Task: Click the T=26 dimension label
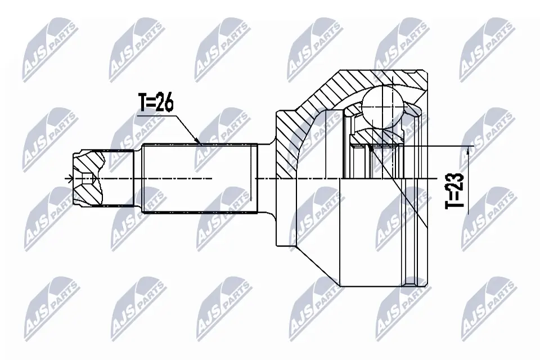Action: [x=156, y=103]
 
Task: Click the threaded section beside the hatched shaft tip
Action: [x=119, y=179]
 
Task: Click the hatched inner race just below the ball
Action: [x=377, y=135]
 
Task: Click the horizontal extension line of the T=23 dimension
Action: [x=439, y=146]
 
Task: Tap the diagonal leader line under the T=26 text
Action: [x=183, y=127]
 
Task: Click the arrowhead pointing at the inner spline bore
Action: [x=371, y=149]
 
